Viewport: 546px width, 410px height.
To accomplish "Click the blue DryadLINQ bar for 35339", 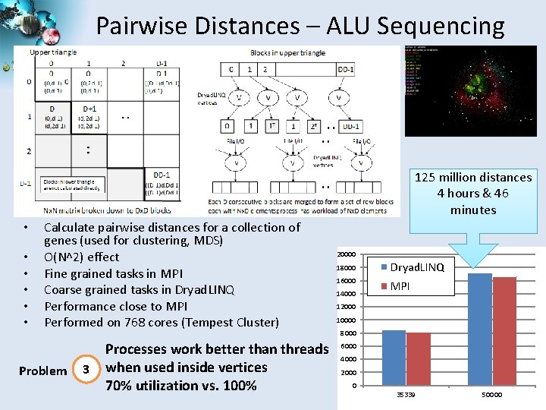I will coord(394,358).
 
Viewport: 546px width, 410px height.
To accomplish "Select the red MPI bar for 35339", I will coord(419,359).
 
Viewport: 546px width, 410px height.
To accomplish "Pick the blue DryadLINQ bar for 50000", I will coord(480,330).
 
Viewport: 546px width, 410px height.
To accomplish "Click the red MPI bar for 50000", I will coord(504,332).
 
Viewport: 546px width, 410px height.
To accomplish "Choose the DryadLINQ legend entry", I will coord(416,268).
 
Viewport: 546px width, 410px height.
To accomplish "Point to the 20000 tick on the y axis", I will coord(347,254).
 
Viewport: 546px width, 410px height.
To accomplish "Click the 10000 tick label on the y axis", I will coord(347,320).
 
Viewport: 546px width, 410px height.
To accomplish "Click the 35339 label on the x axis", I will coord(406,396).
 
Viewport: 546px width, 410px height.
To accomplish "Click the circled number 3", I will coord(86,369).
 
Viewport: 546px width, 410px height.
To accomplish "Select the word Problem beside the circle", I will coord(42,371).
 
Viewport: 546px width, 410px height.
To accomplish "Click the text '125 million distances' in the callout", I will coord(473,178).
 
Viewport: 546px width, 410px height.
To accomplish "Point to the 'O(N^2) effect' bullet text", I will coord(82,257).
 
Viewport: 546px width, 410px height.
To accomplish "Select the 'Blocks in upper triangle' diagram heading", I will coord(287,52).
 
